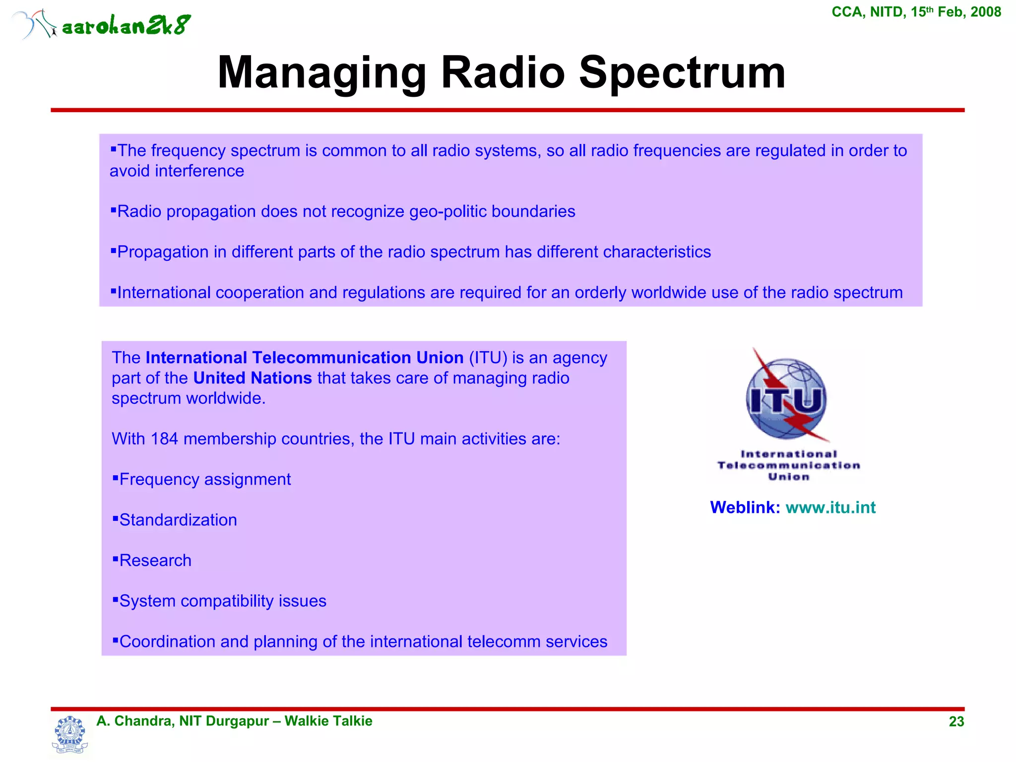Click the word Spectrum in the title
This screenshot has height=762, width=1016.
point(682,73)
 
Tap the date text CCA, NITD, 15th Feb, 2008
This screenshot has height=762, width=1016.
point(916,12)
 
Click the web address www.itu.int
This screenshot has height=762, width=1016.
point(830,508)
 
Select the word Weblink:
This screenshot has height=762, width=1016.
point(745,508)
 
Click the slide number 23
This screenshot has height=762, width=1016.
point(956,722)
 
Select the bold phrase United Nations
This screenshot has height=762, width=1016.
point(252,378)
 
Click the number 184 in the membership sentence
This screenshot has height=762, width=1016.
point(164,439)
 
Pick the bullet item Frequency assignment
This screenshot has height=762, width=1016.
point(204,480)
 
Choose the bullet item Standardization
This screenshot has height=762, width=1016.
point(178,520)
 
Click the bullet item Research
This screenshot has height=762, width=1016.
point(155,561)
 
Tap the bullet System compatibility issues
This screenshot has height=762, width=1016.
point(222,601)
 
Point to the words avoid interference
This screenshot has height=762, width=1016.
point(177,171)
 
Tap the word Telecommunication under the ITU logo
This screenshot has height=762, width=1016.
point(788,465)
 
